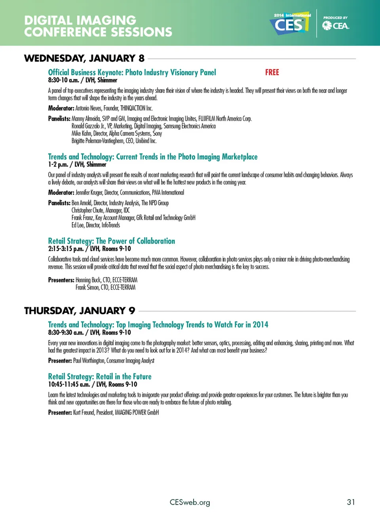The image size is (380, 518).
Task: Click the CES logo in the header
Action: pyautogui.click(x=291, y=24)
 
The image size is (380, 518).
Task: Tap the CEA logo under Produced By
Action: pyautogui.click(x=336, y=26)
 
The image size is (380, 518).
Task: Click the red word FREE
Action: pyautogui.click(x=272, y=72)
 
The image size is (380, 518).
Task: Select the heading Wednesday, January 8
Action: pyautogui.click(x=84, y=59)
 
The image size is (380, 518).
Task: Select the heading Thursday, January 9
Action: pyautogui.click(x=80, y=311)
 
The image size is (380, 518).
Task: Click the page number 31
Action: pyautogui.click(x=351, y=502)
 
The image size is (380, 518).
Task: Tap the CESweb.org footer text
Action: pyautogui.click(x=190, y=503)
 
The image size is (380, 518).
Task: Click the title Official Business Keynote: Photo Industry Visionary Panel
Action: pyautogui.click(x=132, y=72)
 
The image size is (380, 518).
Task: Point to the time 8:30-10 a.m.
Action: pyautogui.click(x=63, y=80)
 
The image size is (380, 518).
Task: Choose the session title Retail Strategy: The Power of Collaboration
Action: pyautogui.click(x=111, y=241)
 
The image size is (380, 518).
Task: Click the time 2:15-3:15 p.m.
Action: pyautogui.click(x=66, y=249)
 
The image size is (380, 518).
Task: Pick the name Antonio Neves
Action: pyautogui.click(x=88, y=108)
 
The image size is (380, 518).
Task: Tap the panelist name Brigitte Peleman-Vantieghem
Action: pyautogui.click(x=97, y=141)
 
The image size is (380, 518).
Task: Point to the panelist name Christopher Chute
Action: pyautogui.click(x=87, y=210)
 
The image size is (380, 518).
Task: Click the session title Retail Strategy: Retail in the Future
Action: pyautogui.click(x=100, y=377)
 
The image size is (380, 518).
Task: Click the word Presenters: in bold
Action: pyautogui.click(x=61, y=280)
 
